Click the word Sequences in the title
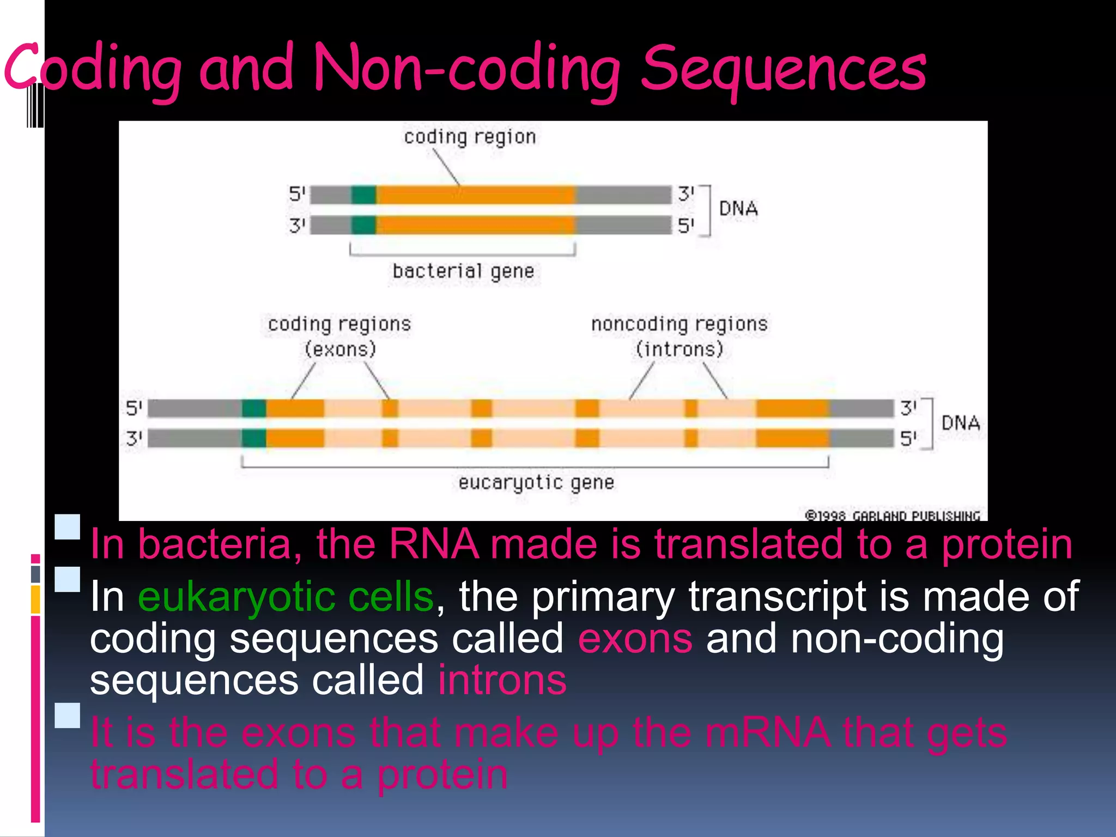tap(783, 70)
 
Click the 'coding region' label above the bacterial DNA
tap(470, 137)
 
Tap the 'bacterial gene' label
tap(463, 271)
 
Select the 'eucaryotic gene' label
tap(536, 482)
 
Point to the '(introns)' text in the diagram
tap(680, 349)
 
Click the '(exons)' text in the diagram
tap(340, 349)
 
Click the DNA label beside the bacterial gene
tap(738, 209)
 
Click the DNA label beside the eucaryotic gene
tap(960, 423)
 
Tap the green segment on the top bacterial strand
tap(363, 195)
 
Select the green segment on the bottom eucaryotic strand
tap(254, 438)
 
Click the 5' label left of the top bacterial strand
tap(298, 194)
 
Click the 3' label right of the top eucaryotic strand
tap(908, 408)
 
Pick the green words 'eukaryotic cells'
tap(286, 597)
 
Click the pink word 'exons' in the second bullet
tap(635, 639)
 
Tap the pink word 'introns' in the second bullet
tap(502, 680)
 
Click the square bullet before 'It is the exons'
tap(68, 715)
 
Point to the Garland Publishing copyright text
tap(893, 515)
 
